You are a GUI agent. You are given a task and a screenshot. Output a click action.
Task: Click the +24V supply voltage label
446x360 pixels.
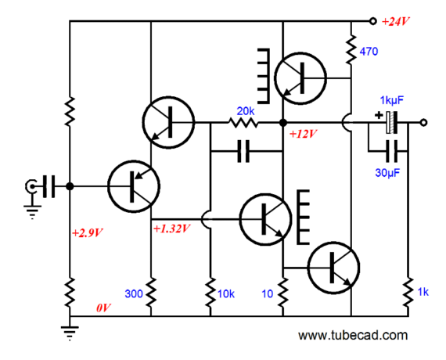point(395,22)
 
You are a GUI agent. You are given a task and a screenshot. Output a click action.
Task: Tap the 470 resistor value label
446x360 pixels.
point(369,52)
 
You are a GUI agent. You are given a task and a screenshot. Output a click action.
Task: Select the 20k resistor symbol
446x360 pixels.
point(243,123)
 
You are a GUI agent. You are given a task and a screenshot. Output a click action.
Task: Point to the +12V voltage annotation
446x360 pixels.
point(304,134)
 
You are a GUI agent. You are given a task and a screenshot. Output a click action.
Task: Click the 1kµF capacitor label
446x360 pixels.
point(392,100)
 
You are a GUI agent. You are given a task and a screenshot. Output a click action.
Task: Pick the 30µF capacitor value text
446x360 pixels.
point(387,173)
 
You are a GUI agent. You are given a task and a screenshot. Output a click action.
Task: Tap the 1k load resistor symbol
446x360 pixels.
point(408,292)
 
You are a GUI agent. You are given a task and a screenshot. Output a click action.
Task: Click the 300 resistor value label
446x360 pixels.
point(134,293)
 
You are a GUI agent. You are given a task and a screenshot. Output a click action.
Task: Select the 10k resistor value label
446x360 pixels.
point(226,293)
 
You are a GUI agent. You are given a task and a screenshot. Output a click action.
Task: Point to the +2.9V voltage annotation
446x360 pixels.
point(88,233)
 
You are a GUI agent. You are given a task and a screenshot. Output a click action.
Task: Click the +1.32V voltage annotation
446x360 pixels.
point(171,229)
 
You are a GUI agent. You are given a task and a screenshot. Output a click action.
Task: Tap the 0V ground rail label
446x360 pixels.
point(103,308)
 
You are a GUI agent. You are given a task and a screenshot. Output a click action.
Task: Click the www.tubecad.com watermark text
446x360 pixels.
point(353,335)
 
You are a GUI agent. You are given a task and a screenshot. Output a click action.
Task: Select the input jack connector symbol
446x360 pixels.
point(31,187)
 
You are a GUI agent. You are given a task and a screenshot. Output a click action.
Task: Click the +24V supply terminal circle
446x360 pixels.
point(372,21)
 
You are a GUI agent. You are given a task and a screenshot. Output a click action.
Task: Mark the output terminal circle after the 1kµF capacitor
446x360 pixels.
point(423,123)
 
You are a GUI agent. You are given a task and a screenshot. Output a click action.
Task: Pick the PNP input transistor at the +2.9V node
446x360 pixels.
point(134,187)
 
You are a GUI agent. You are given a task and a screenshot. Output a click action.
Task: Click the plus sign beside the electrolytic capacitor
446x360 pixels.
point(379,115)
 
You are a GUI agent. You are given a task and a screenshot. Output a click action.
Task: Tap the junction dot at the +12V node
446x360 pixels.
point(283,123)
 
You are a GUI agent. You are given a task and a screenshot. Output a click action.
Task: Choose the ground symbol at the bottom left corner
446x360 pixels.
point(70,333)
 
